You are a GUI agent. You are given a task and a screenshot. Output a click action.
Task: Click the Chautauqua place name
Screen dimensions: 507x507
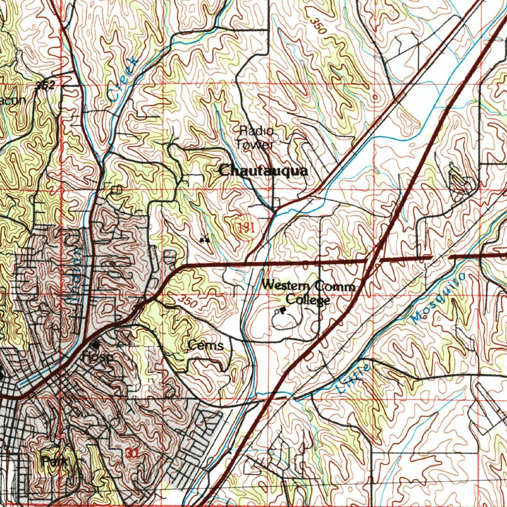pyautogui.click(x=263, y=171)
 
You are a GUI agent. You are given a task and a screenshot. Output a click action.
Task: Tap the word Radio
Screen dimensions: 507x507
pyautogui.click(x=256, y=131)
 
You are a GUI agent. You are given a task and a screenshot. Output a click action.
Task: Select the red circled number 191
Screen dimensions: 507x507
pyautogui.click(x=246, y=227)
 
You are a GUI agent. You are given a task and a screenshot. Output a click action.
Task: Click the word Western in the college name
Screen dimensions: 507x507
pyautogui.click(x=284, y=285)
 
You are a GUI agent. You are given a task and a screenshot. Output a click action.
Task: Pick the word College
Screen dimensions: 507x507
pyautogui.click(x=308, y=300)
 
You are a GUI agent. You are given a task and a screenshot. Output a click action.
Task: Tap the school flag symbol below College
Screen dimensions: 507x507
pyautogui.click(x=282, y=311)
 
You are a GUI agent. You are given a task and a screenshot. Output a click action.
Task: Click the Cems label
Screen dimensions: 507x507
pyautogui.click(x=205, y=346)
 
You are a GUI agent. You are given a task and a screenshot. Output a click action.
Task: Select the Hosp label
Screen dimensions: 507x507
pyautogui.click(x=98, y=356)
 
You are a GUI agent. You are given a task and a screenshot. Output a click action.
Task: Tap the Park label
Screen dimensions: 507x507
pyautogui.click(x=54, y=461)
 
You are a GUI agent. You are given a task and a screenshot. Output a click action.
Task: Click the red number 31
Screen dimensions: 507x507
pyautogui.click(x=132, y=453)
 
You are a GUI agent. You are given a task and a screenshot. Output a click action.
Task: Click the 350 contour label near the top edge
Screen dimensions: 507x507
pyautogui.click(x=318, y=26)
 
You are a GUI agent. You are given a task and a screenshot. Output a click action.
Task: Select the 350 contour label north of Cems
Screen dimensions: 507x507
pyautogui.click(x=188, y=301)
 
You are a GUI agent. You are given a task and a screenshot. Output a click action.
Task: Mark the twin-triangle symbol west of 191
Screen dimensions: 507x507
pyautogui.click(x=204, y=240)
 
